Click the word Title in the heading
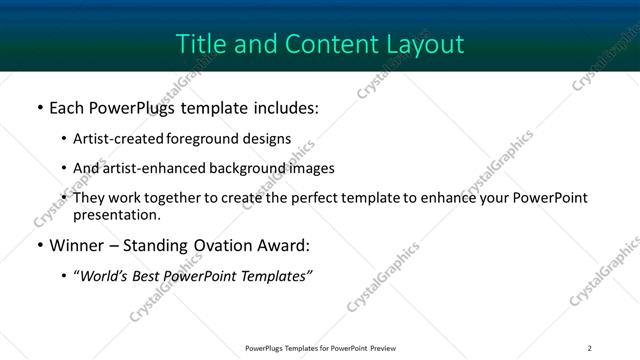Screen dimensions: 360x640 [x=198, y=44]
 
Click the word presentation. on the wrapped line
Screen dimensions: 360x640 [x=116, y=214]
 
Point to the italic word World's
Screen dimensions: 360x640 [x=103, y=275]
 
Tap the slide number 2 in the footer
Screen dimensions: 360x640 [x=590, y=348]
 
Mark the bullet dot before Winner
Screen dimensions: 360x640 [x=39, y=245]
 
